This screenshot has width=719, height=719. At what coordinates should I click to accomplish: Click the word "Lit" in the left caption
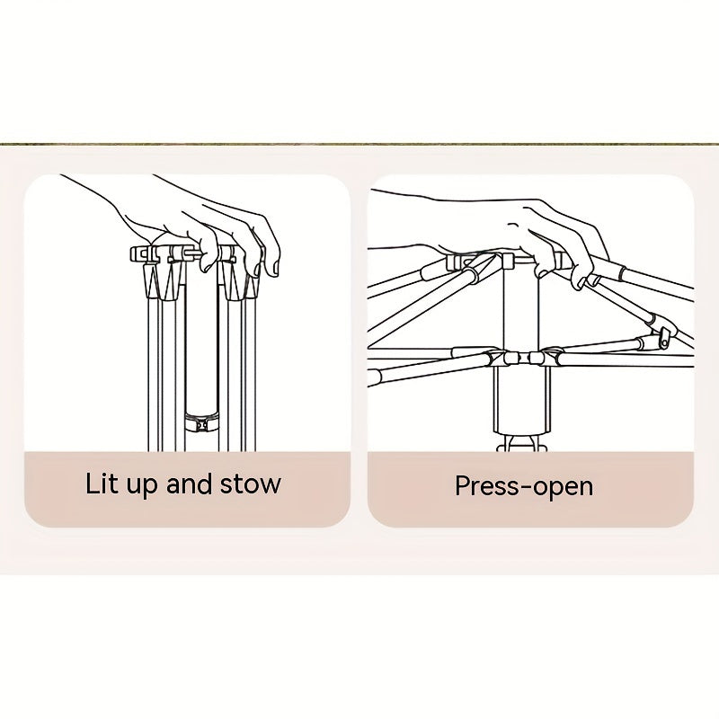point(99,484)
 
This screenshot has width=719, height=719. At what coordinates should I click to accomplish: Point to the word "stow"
point(251,484)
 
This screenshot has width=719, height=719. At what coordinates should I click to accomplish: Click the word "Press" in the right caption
point(487,485)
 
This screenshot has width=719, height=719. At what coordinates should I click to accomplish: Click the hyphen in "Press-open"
point(527,488)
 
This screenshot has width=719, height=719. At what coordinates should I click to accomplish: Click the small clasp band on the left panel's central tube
point(201,422)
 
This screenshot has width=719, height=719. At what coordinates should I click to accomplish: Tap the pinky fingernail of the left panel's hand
point(276,269)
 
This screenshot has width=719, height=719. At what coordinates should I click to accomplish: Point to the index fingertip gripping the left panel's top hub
point(209,263)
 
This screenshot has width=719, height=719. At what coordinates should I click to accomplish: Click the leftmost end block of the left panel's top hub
point(138,253)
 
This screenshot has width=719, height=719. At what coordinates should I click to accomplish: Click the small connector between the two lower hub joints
point(521,358)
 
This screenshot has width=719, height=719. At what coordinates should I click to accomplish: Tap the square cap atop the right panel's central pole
point(508,261)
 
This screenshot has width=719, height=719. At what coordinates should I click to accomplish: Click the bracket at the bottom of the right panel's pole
point(522,443)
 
